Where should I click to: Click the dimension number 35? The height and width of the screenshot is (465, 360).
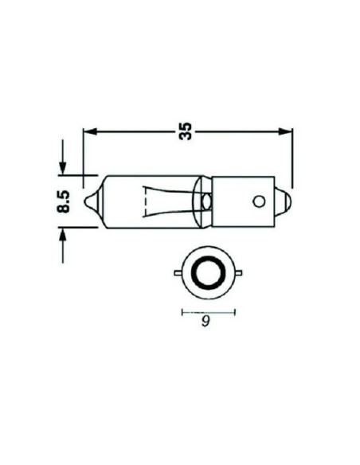[x=188, y=133]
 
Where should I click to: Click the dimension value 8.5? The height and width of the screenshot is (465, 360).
[x=67, y=201]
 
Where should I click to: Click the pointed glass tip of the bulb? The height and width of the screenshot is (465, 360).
[x=92, y=201]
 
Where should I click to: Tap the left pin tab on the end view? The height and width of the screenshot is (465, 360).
[x=176, y=275]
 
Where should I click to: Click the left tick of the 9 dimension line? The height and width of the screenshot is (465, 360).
[x=182, y=312]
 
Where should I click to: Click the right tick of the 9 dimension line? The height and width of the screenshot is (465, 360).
[x=237, y=312]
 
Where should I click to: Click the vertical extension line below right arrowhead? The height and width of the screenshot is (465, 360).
[x=292, y=159]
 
